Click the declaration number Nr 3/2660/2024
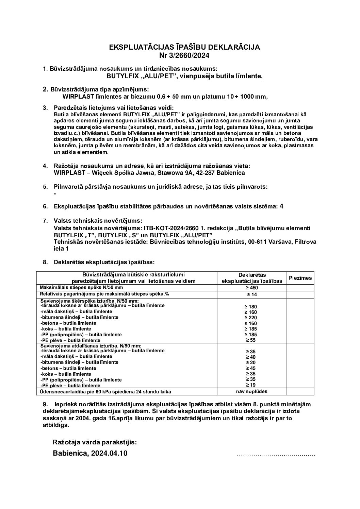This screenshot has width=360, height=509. (184, 55)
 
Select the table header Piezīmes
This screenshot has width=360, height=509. (300, 278)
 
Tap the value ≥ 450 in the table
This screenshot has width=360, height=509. (252, 288)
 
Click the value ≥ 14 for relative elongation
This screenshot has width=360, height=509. (252, 294)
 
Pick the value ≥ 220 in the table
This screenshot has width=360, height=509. (252, 318)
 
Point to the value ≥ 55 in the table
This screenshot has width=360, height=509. (252, 340)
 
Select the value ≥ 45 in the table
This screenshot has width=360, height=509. (252, 368)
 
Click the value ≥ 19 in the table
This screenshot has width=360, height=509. (252, 385)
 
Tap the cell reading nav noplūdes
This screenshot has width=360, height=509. (252, 391)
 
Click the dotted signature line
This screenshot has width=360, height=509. (276, 454)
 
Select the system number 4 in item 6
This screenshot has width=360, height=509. (281, 206)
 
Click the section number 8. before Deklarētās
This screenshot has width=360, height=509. (45, 262)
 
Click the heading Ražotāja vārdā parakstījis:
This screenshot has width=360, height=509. (95, 442)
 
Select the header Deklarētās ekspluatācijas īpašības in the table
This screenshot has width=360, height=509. (252, 278)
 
